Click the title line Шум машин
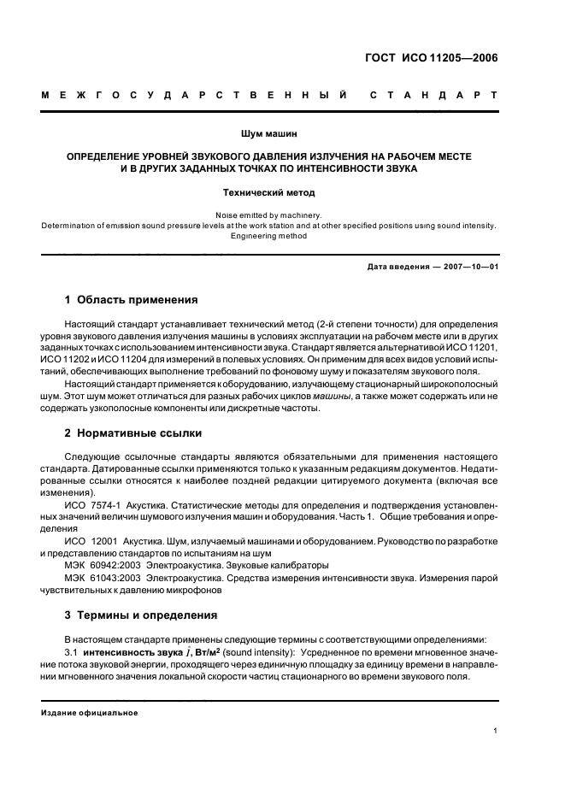click(x=268, y=132)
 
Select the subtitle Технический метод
click(x=268, y=193)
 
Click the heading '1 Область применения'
click(x=132, y=300)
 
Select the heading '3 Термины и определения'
click(x=135, y=615)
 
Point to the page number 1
click(x=496, y=731)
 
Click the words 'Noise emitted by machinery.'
click(x=268, y=215)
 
